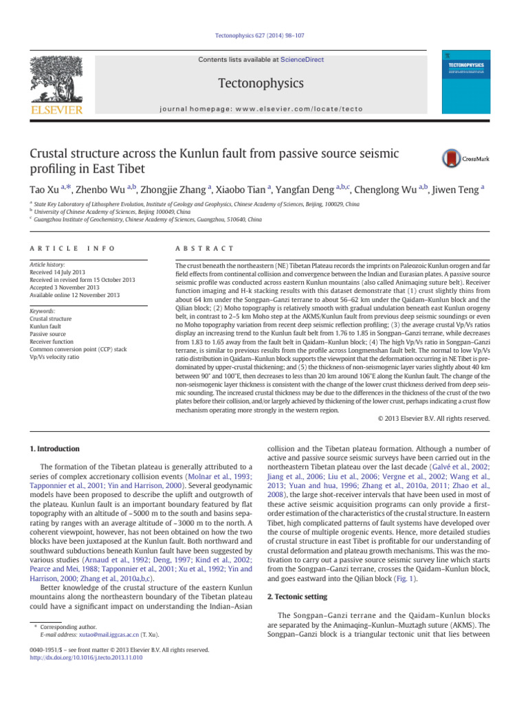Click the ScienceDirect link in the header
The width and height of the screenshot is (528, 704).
pos(302,60)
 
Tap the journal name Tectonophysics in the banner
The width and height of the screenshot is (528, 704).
pos(265,83)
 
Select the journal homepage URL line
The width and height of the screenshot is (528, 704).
pos(264,107)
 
